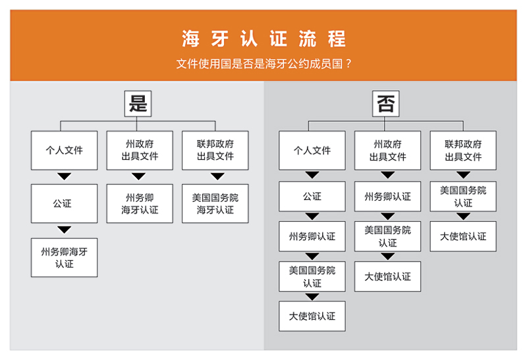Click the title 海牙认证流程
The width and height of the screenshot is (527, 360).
tap(263, 39)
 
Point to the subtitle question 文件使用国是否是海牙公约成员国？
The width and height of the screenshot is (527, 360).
tap(263, 63)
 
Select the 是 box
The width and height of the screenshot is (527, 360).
tap(138, 103)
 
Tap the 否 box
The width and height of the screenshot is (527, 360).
tap(385, 103)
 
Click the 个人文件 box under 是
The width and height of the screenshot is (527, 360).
tap(64, 150)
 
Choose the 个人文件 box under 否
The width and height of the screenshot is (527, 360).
tap(312, 150)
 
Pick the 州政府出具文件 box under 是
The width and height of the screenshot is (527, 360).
tap(140, 150)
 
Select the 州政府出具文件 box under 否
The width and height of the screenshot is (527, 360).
tap(387, 150)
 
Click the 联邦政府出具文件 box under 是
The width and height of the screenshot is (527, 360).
tap(215, 150)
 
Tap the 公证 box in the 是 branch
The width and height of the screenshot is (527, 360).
tap(64, 203)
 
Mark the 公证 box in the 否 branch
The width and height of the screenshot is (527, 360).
tap(312, 197)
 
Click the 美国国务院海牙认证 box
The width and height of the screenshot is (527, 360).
tap(215, 203)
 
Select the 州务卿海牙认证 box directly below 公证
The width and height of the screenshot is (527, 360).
tap(64, 257)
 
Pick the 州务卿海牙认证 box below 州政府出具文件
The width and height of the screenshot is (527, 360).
tap(140, 203)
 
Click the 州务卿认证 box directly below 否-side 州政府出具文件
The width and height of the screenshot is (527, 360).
tap(387, 197)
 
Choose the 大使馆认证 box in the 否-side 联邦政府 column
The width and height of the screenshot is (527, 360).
tap(463, 236)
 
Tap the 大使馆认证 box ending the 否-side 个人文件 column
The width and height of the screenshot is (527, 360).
tap(312, 317)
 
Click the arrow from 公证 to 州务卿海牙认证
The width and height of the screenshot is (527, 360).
tap(64, 230)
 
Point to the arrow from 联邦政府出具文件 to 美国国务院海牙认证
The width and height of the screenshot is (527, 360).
tap(217, 176)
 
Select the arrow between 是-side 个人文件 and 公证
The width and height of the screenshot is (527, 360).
tap(64, 176)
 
